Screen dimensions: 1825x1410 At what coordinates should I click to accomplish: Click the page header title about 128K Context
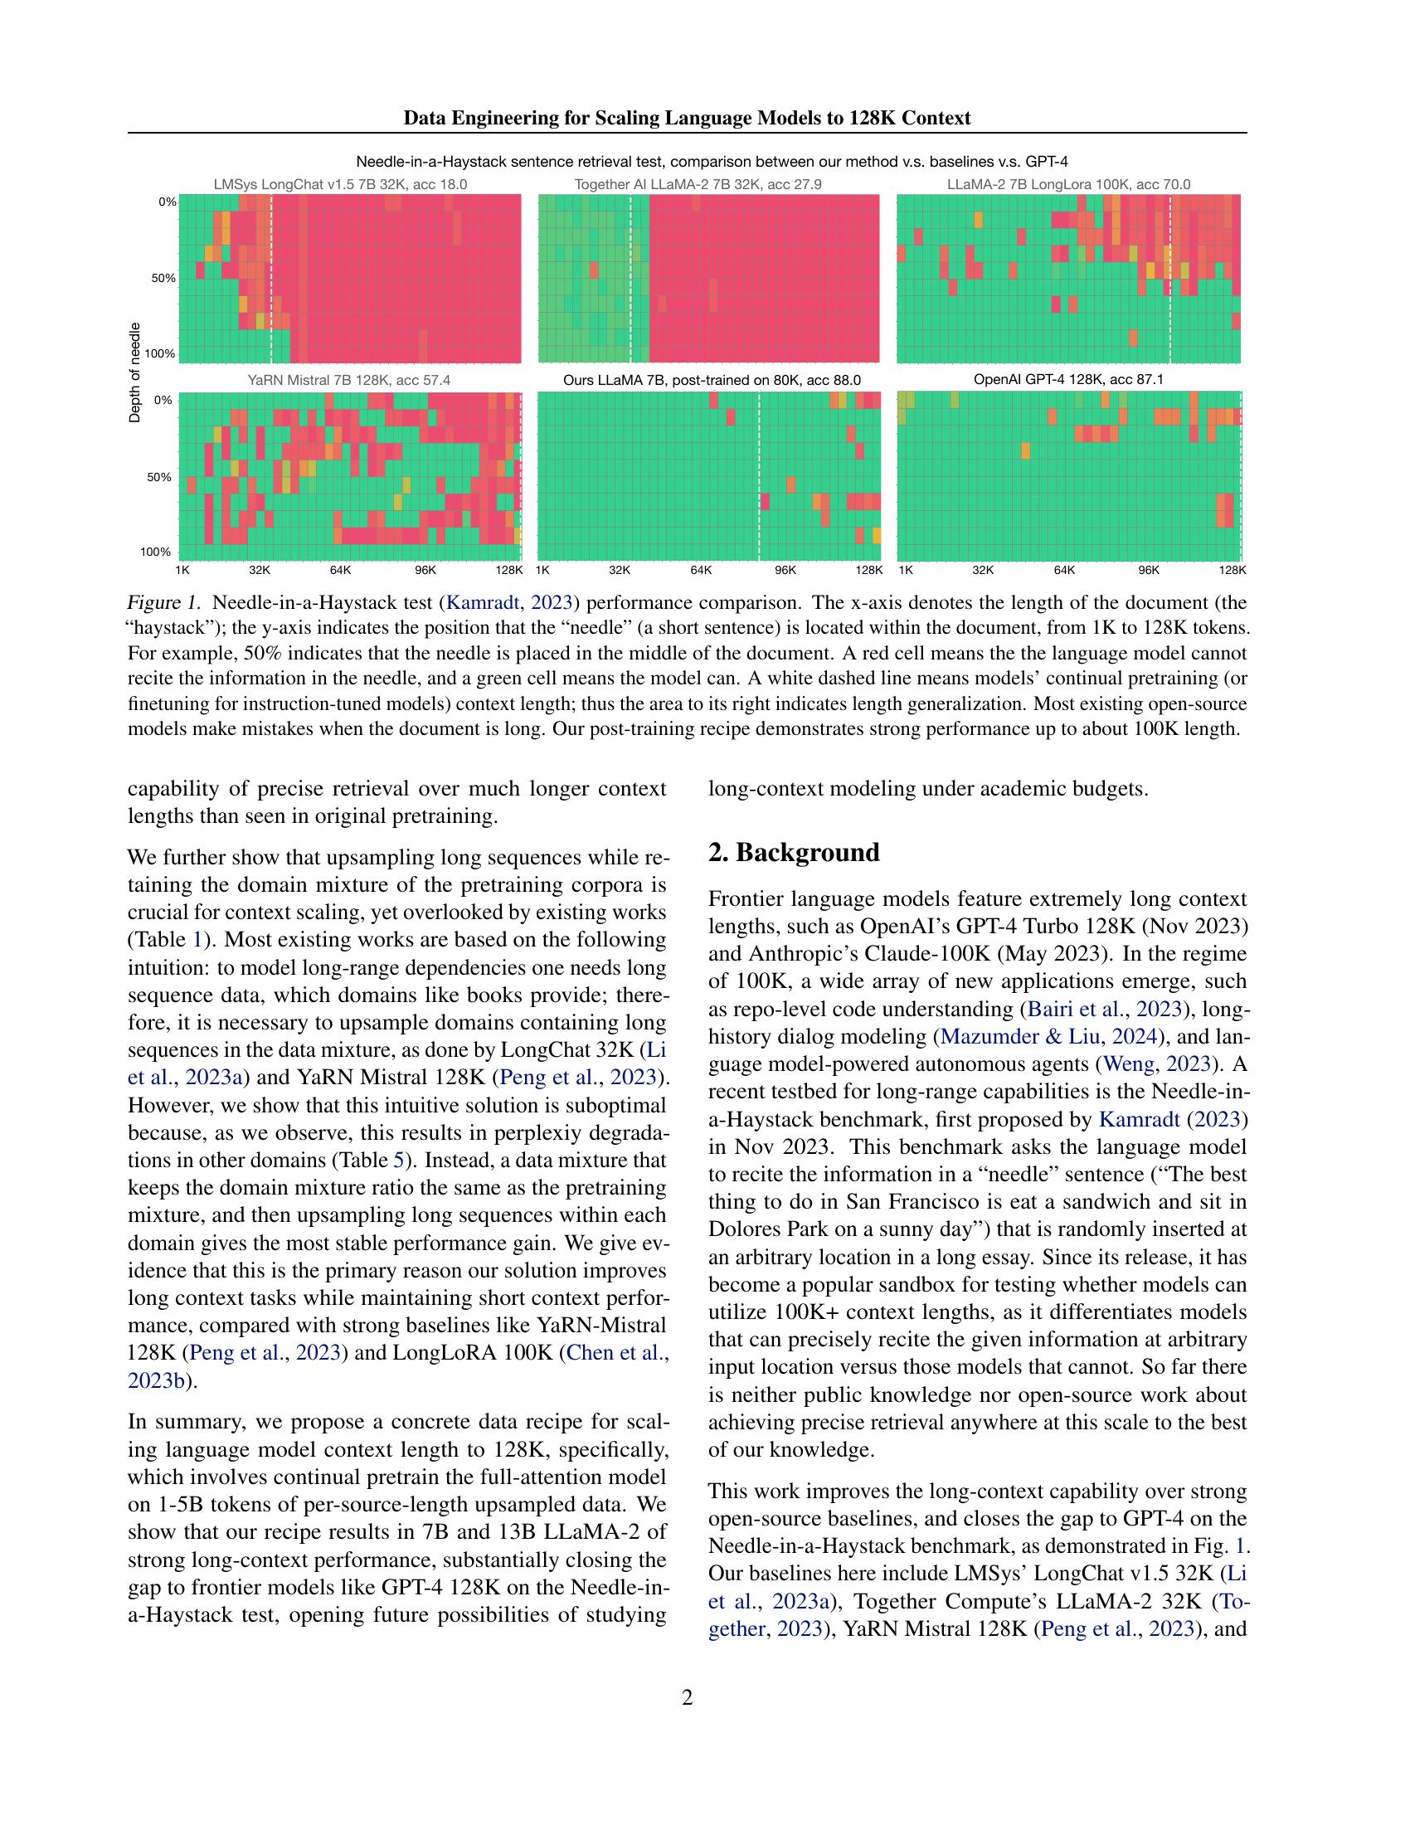(687, 118)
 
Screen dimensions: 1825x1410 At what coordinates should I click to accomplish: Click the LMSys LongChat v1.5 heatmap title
(340, 185)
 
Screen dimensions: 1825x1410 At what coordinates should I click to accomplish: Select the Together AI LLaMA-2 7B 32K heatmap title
(698, 185)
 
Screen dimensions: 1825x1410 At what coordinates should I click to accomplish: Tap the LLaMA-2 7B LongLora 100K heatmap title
(1068, 185)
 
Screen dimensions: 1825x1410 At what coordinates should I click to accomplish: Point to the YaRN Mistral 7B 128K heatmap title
(348, 380)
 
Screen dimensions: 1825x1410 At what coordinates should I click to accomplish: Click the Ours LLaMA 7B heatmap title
(712, 380)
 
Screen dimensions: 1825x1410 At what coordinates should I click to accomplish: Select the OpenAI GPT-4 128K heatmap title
(1068, 379)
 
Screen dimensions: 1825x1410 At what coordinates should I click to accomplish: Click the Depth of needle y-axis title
(135, 372)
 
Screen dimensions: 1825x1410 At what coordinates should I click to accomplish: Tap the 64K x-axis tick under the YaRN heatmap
(340, 571)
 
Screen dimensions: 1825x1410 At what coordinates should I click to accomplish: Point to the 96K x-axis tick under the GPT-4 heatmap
(1149, 571)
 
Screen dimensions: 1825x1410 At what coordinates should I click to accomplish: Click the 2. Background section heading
(794, 853)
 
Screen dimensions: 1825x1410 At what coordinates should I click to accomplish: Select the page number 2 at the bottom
(687, 1697)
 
